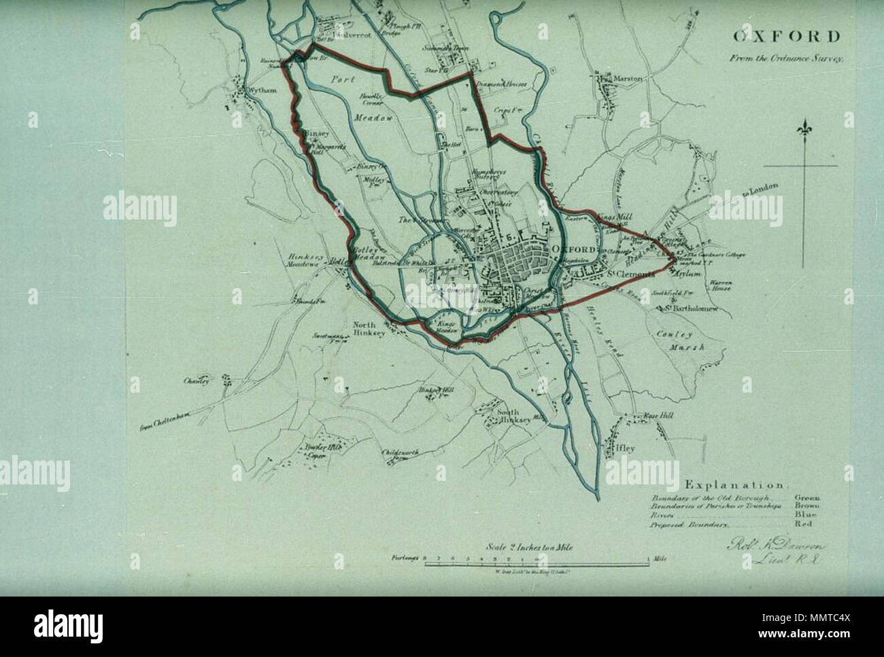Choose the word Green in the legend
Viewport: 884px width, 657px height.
806,497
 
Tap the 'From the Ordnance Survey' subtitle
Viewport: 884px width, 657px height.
790,58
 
